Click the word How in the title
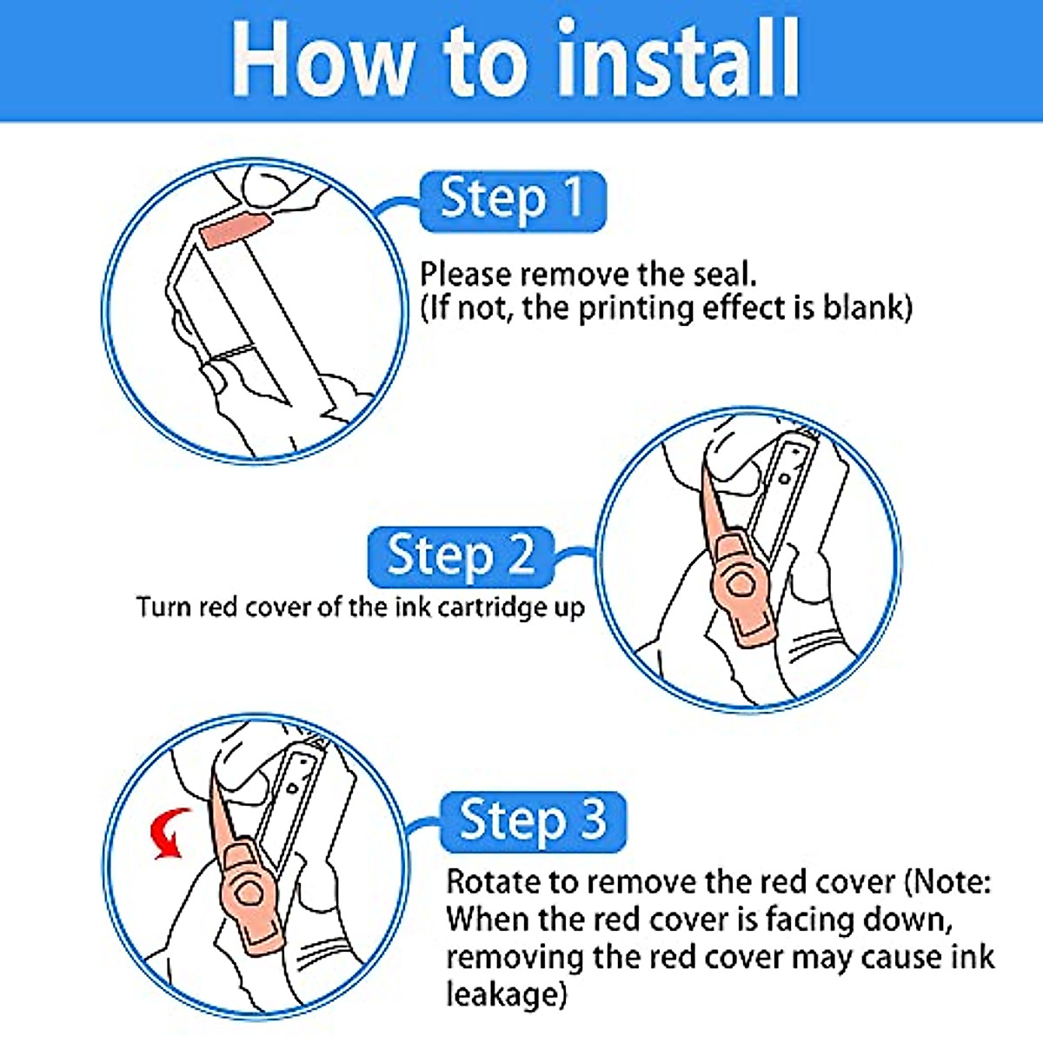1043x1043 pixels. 322,59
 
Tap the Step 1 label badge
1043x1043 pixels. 513,201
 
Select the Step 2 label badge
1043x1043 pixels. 461,557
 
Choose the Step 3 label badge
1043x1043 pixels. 533,822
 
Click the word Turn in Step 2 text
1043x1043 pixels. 163,607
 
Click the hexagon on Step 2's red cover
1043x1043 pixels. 738,585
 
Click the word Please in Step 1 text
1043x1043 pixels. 467,274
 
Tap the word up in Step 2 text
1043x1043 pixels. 570,609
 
